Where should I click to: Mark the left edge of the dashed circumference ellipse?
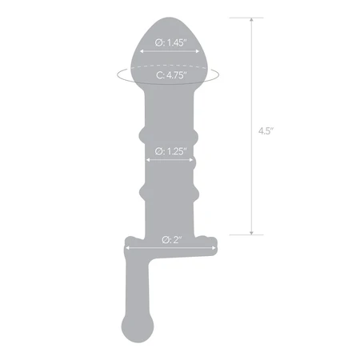tap(117, 74)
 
